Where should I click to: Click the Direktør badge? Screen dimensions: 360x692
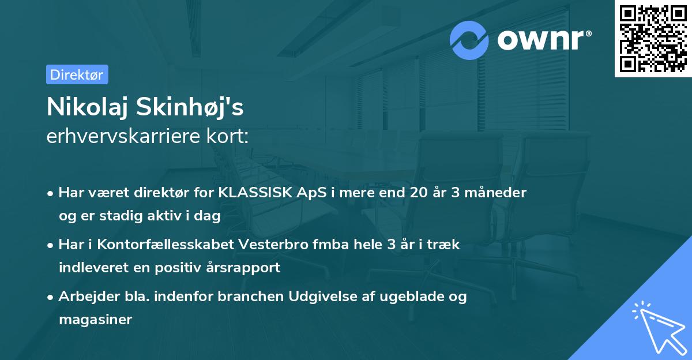(77, 74)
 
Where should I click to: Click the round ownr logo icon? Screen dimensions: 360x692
(469, 40)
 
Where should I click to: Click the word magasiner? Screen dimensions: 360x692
(96, 319)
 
